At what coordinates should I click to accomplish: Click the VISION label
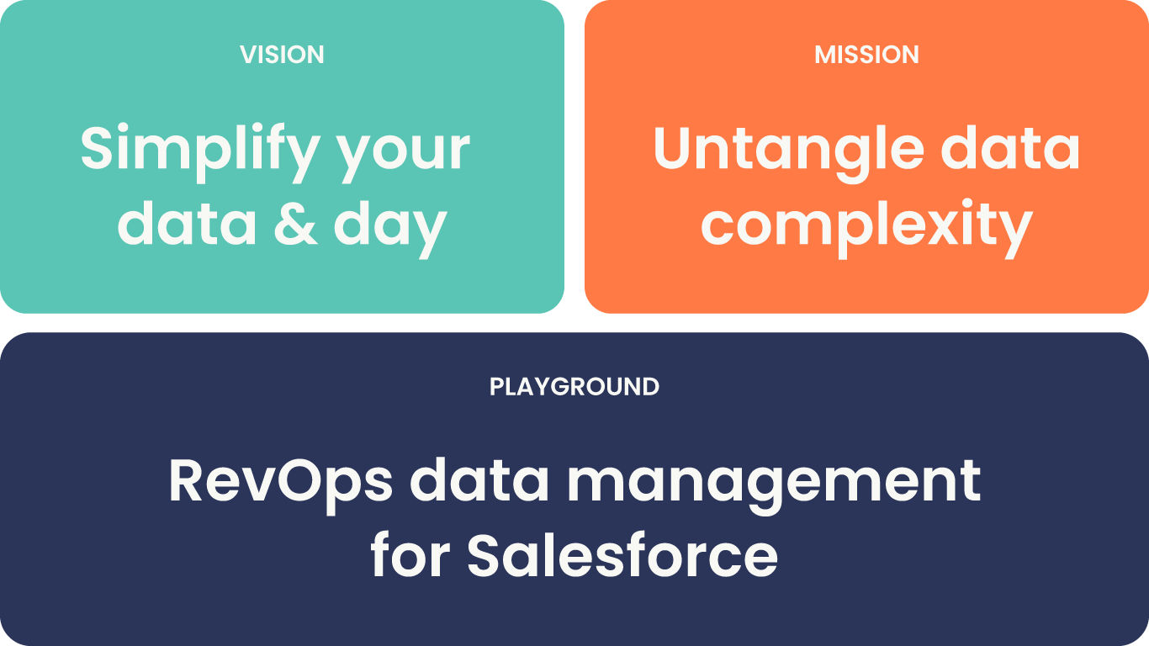pyautogui.click(x=282, y=55)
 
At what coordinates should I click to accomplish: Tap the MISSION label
pyautogui.click(x=866, y=55)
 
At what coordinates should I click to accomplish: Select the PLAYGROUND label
pyautogui.click(x=574, y=387)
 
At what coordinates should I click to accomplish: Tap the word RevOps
pyautogui.click(x=281, y=481)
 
